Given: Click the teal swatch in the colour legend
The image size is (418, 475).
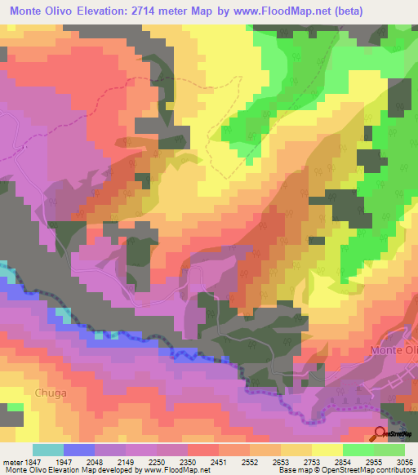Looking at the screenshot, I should click(x=47, y=450).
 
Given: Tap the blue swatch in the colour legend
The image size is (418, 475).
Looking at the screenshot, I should click(x=78, y=450).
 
